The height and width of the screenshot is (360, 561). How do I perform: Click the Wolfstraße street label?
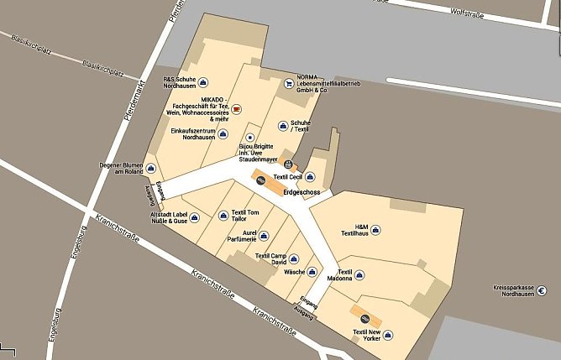[469, 12]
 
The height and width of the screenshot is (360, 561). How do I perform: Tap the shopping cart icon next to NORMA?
[289, 83]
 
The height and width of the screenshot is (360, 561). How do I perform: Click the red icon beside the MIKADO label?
[236, 109]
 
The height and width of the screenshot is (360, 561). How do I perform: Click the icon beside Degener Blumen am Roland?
[150, 166]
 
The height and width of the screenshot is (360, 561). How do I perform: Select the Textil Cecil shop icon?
[310, 176]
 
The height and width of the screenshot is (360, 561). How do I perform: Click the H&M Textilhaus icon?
[376, 229]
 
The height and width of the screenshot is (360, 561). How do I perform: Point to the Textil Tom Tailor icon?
[223, 215]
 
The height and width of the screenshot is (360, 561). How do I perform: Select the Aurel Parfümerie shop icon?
[263, 236]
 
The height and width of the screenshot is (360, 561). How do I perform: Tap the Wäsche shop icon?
[312, 272]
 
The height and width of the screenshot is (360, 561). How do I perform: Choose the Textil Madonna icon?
[361, 274]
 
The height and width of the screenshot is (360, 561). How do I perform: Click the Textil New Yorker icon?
[388, 335]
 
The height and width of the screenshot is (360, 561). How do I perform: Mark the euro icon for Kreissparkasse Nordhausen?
[542, 291]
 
